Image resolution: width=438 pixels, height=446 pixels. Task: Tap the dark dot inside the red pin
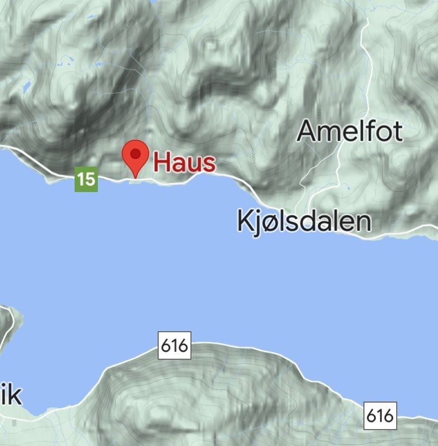pyautogui.click(x=136, y=153)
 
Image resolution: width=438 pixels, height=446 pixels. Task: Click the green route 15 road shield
pyautogui.click(x=86, y=180)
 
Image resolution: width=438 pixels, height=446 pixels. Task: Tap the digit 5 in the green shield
pyautogui.click(x=90, y=180)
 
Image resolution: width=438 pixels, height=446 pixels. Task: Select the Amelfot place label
pyautogui.click(x=350, y=131)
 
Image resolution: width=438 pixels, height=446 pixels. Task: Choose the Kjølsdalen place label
pyautogui.click(x=304, y=221)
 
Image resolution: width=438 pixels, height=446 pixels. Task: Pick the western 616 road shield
pyautogui.click(x=175, y=346)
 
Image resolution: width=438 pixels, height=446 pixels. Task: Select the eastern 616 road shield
pyautogui.click(x=380, y=416)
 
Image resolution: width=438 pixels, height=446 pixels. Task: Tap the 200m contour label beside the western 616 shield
pyautogui.click(x=198, y=358)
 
